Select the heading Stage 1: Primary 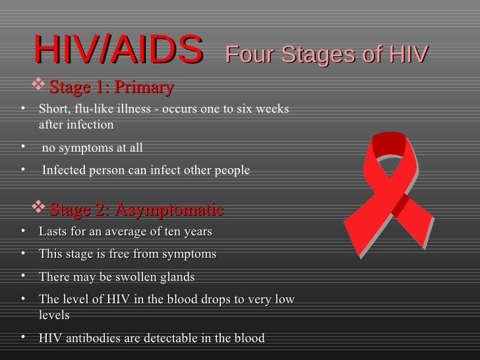[x=111, y=87]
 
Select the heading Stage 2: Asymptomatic [x=136, y=210]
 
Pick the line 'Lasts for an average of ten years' [x=125, y=232]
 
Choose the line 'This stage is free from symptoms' [x=127, y=254]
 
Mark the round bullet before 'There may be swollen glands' [x=23, y=276]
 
